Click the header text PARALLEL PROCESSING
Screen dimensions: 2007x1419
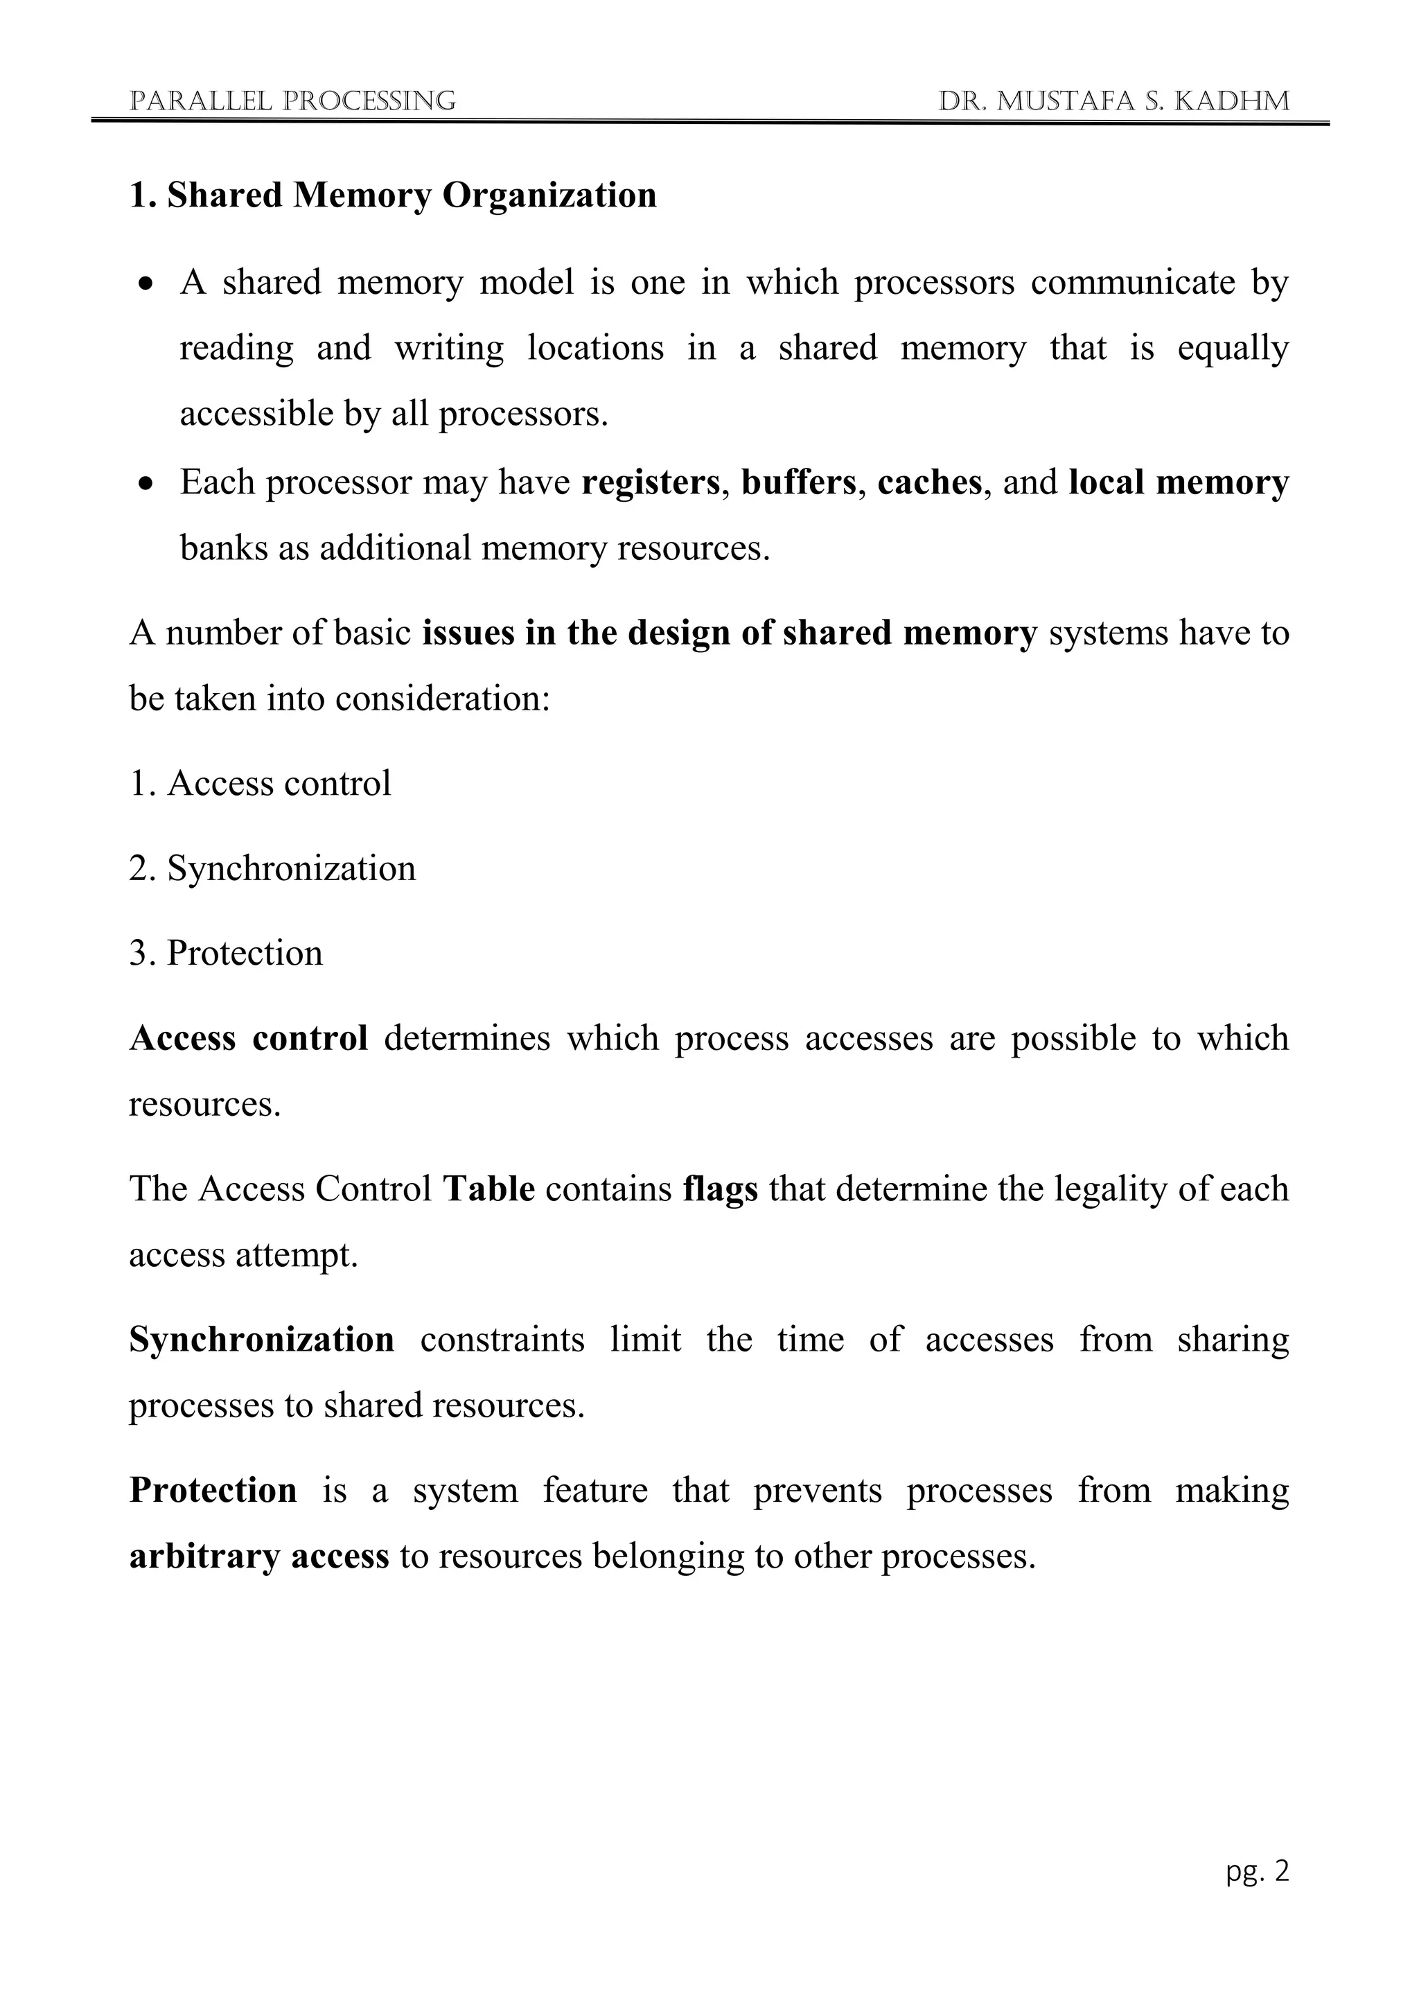pyautogui.click(x=292, y=101)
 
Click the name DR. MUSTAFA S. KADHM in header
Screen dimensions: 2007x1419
pyautogui.click(x=1113, y=101)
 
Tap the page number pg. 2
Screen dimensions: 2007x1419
pyautogui.click(x=1256, y=1870)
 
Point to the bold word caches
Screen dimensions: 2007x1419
pyautogui.click(x=930, y=482)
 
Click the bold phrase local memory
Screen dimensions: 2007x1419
pyautogui.click(x=1178, y=482)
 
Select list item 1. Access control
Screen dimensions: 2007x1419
pyautogui.click(x=261, y=783)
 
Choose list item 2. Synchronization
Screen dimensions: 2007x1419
pyautogui.click(x=272, y=868)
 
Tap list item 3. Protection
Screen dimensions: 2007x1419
pyautogui.click(x=227, y=953)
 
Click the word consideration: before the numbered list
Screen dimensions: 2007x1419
pyautogui.click(x=442, y=699)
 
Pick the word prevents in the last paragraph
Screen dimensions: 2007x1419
pyautogui.click(x=817, y=1491)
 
